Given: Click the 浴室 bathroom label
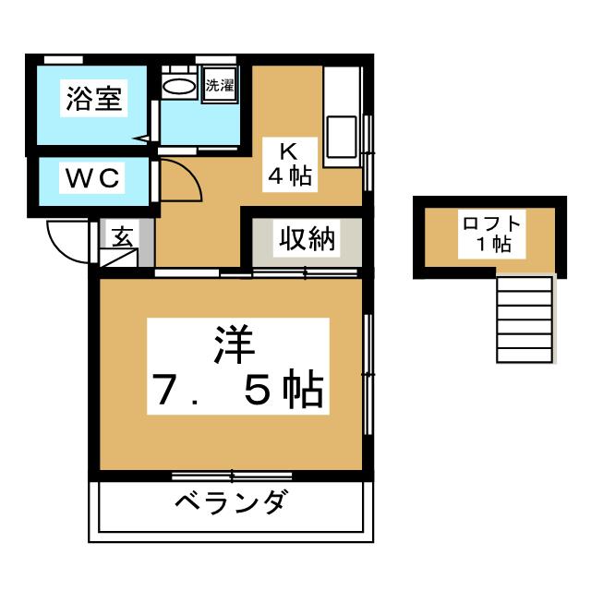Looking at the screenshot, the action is click(x=94, y=99).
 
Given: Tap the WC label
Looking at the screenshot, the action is click(x=92, y=178).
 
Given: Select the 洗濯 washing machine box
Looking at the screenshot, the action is click(x=220, y=85).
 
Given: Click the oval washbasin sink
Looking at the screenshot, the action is click(x=179, y=86).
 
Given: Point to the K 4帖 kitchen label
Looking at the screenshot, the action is click(x=289, y=164).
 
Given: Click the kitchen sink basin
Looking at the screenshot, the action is click(x=342, y=137).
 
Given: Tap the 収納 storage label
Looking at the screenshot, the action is click(x=307, y=238).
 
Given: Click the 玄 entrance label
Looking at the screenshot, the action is click(x=122, y=236).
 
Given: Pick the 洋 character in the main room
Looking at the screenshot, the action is click(x=234, y=344).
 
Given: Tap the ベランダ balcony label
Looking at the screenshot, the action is click(x=232, y=501).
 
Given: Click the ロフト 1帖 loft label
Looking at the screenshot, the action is click(x=491, y=234).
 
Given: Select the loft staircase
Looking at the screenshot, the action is click(x=525, y=320).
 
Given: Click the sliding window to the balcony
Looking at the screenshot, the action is click(x=232, y=476).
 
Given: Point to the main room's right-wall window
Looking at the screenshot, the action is click(x=368, y=374).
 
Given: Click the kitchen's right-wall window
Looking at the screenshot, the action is click(x=368, y=152).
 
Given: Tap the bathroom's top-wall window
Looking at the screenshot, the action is click(x=64, y=60).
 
